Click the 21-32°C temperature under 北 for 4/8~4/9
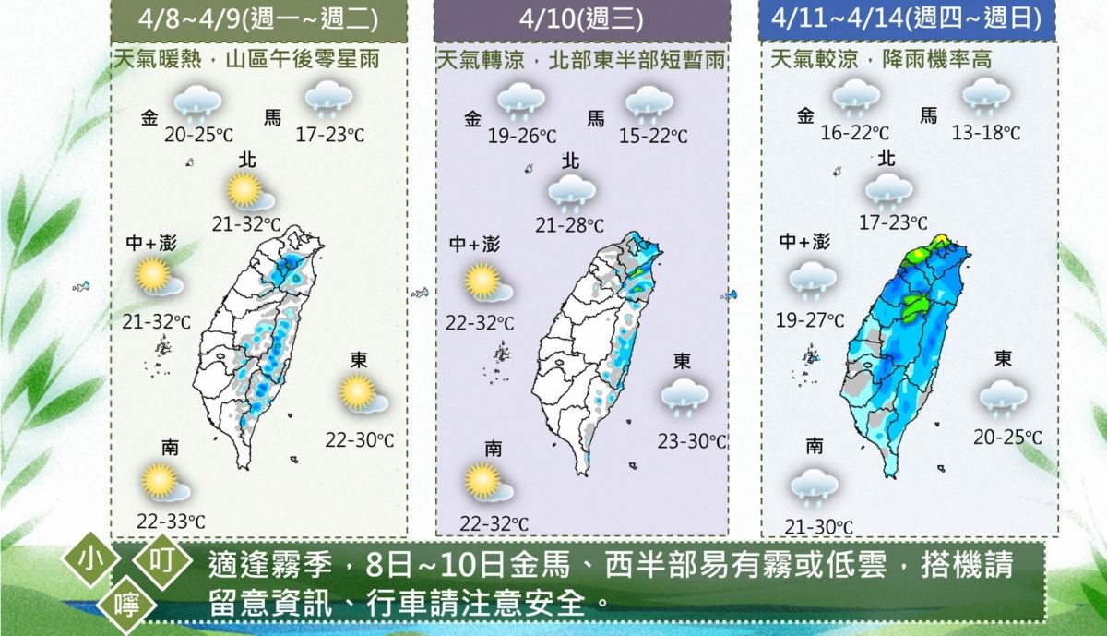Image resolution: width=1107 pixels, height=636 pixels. coord(246,223)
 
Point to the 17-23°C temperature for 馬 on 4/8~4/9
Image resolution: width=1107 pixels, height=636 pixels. coord(330,136)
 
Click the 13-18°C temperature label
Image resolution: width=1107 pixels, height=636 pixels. coord(986,133)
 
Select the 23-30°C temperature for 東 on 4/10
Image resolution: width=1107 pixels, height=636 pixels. coord(691,441)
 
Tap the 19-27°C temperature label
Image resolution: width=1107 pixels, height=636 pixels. coord(810,320)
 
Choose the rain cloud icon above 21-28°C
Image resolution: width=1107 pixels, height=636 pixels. coord(571,193)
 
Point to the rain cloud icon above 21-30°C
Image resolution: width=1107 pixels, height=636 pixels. coord(814,486)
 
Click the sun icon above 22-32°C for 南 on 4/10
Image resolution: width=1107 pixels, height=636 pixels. coord(486,482)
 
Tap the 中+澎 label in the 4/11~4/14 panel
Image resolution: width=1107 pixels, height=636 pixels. coord(803,242)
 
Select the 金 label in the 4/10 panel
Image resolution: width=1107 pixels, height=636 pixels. coord(473,118)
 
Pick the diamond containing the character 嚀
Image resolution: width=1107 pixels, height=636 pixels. coord(124,605)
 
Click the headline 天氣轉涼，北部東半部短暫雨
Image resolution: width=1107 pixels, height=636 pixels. coord(580,61)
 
